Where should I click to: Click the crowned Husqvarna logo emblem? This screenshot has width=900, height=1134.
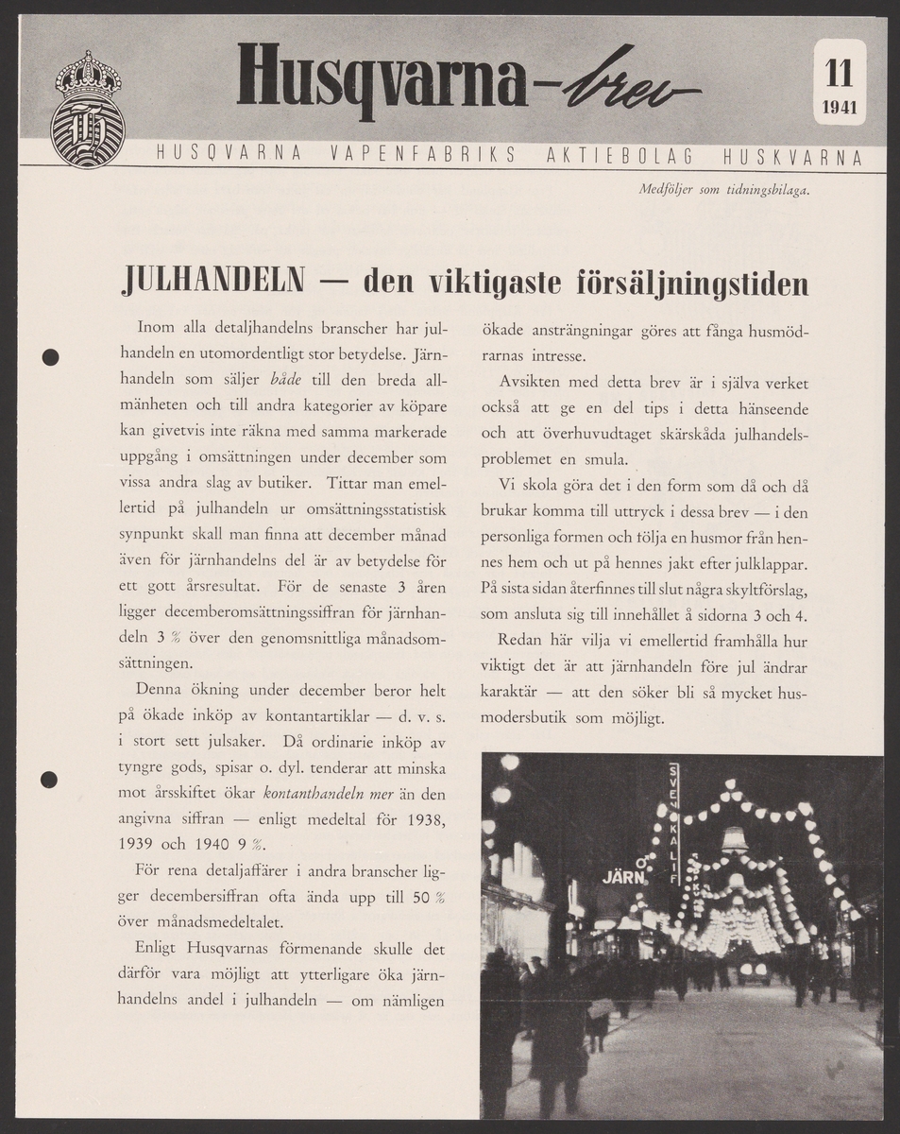click(x=87, y=110)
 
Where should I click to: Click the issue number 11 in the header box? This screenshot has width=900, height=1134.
click(x=839, y=72)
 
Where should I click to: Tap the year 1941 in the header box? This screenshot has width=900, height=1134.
click(x=839, y=107)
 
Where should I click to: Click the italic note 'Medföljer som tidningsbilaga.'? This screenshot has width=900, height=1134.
click(x=725, y=189)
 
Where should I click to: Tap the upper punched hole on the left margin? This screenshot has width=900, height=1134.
click(x=51, y=357)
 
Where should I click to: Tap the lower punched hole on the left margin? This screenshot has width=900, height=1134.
click(x=50, y=779)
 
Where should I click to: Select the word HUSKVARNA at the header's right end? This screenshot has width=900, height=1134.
click(x=791, y=157)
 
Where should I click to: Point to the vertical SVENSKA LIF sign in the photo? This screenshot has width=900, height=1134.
click(x=673, y=822)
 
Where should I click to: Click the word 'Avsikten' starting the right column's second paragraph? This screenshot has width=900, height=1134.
click(x=530, y=384)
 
